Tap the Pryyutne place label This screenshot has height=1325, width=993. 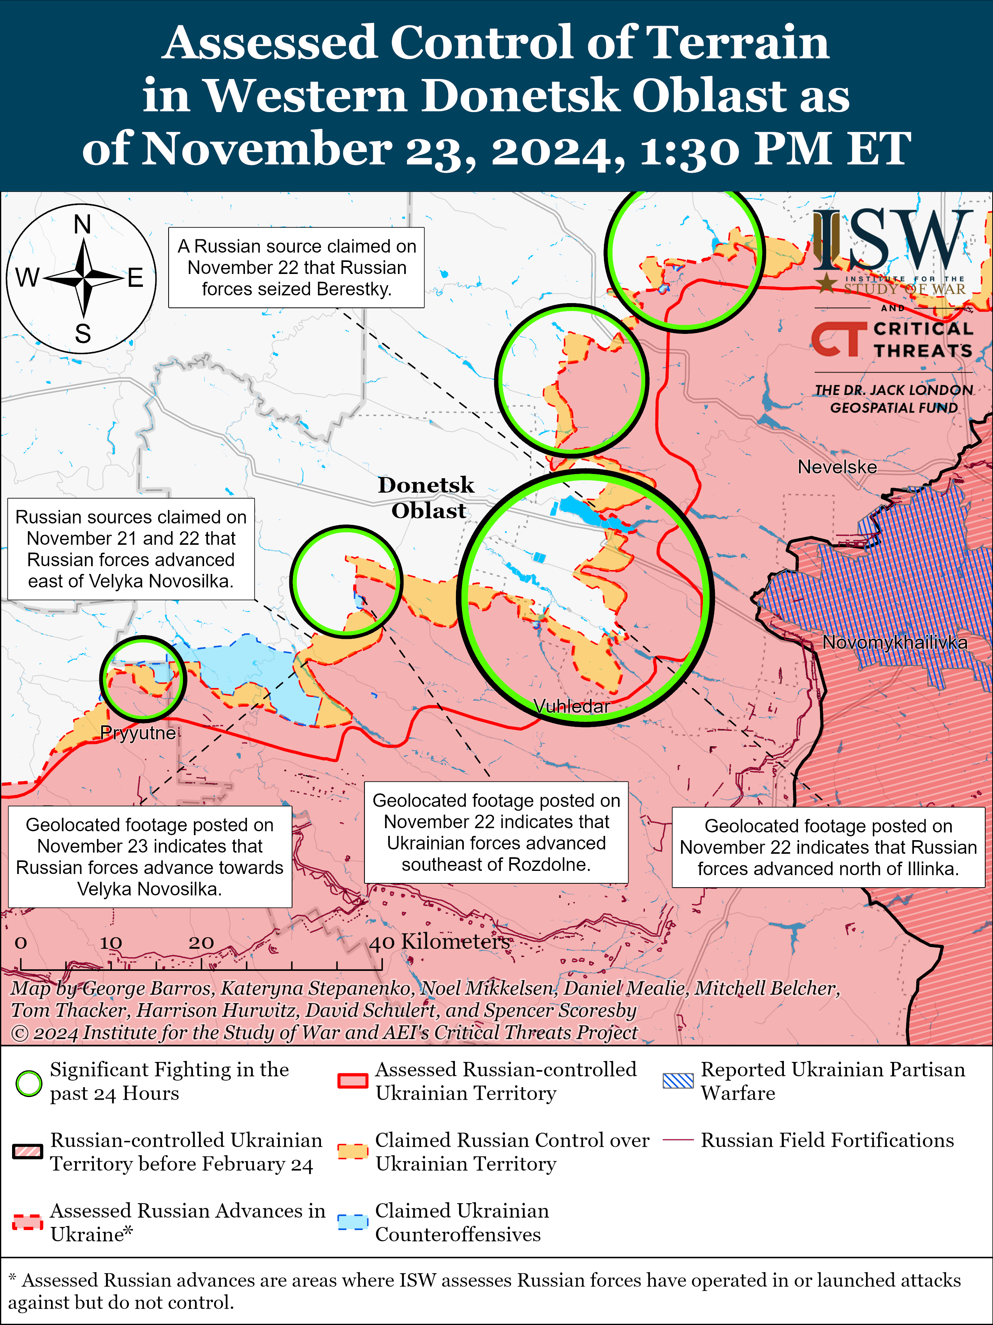coord(138,733)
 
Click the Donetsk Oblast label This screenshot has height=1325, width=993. coord(427,498)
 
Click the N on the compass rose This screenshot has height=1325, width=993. coord(82,225)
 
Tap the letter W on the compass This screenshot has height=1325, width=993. coord(27,277)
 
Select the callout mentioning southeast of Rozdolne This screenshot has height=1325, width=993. coord(496,832)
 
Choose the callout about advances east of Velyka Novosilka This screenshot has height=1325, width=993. coord(130,549)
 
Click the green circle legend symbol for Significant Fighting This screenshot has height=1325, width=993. coord(28,1083)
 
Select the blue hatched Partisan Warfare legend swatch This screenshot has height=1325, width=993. coord(678,1081)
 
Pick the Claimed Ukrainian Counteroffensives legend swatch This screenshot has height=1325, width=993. coord(352,1222)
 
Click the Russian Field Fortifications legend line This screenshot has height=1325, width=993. coord(678,1140)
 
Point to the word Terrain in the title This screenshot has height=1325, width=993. coord(738,43)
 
